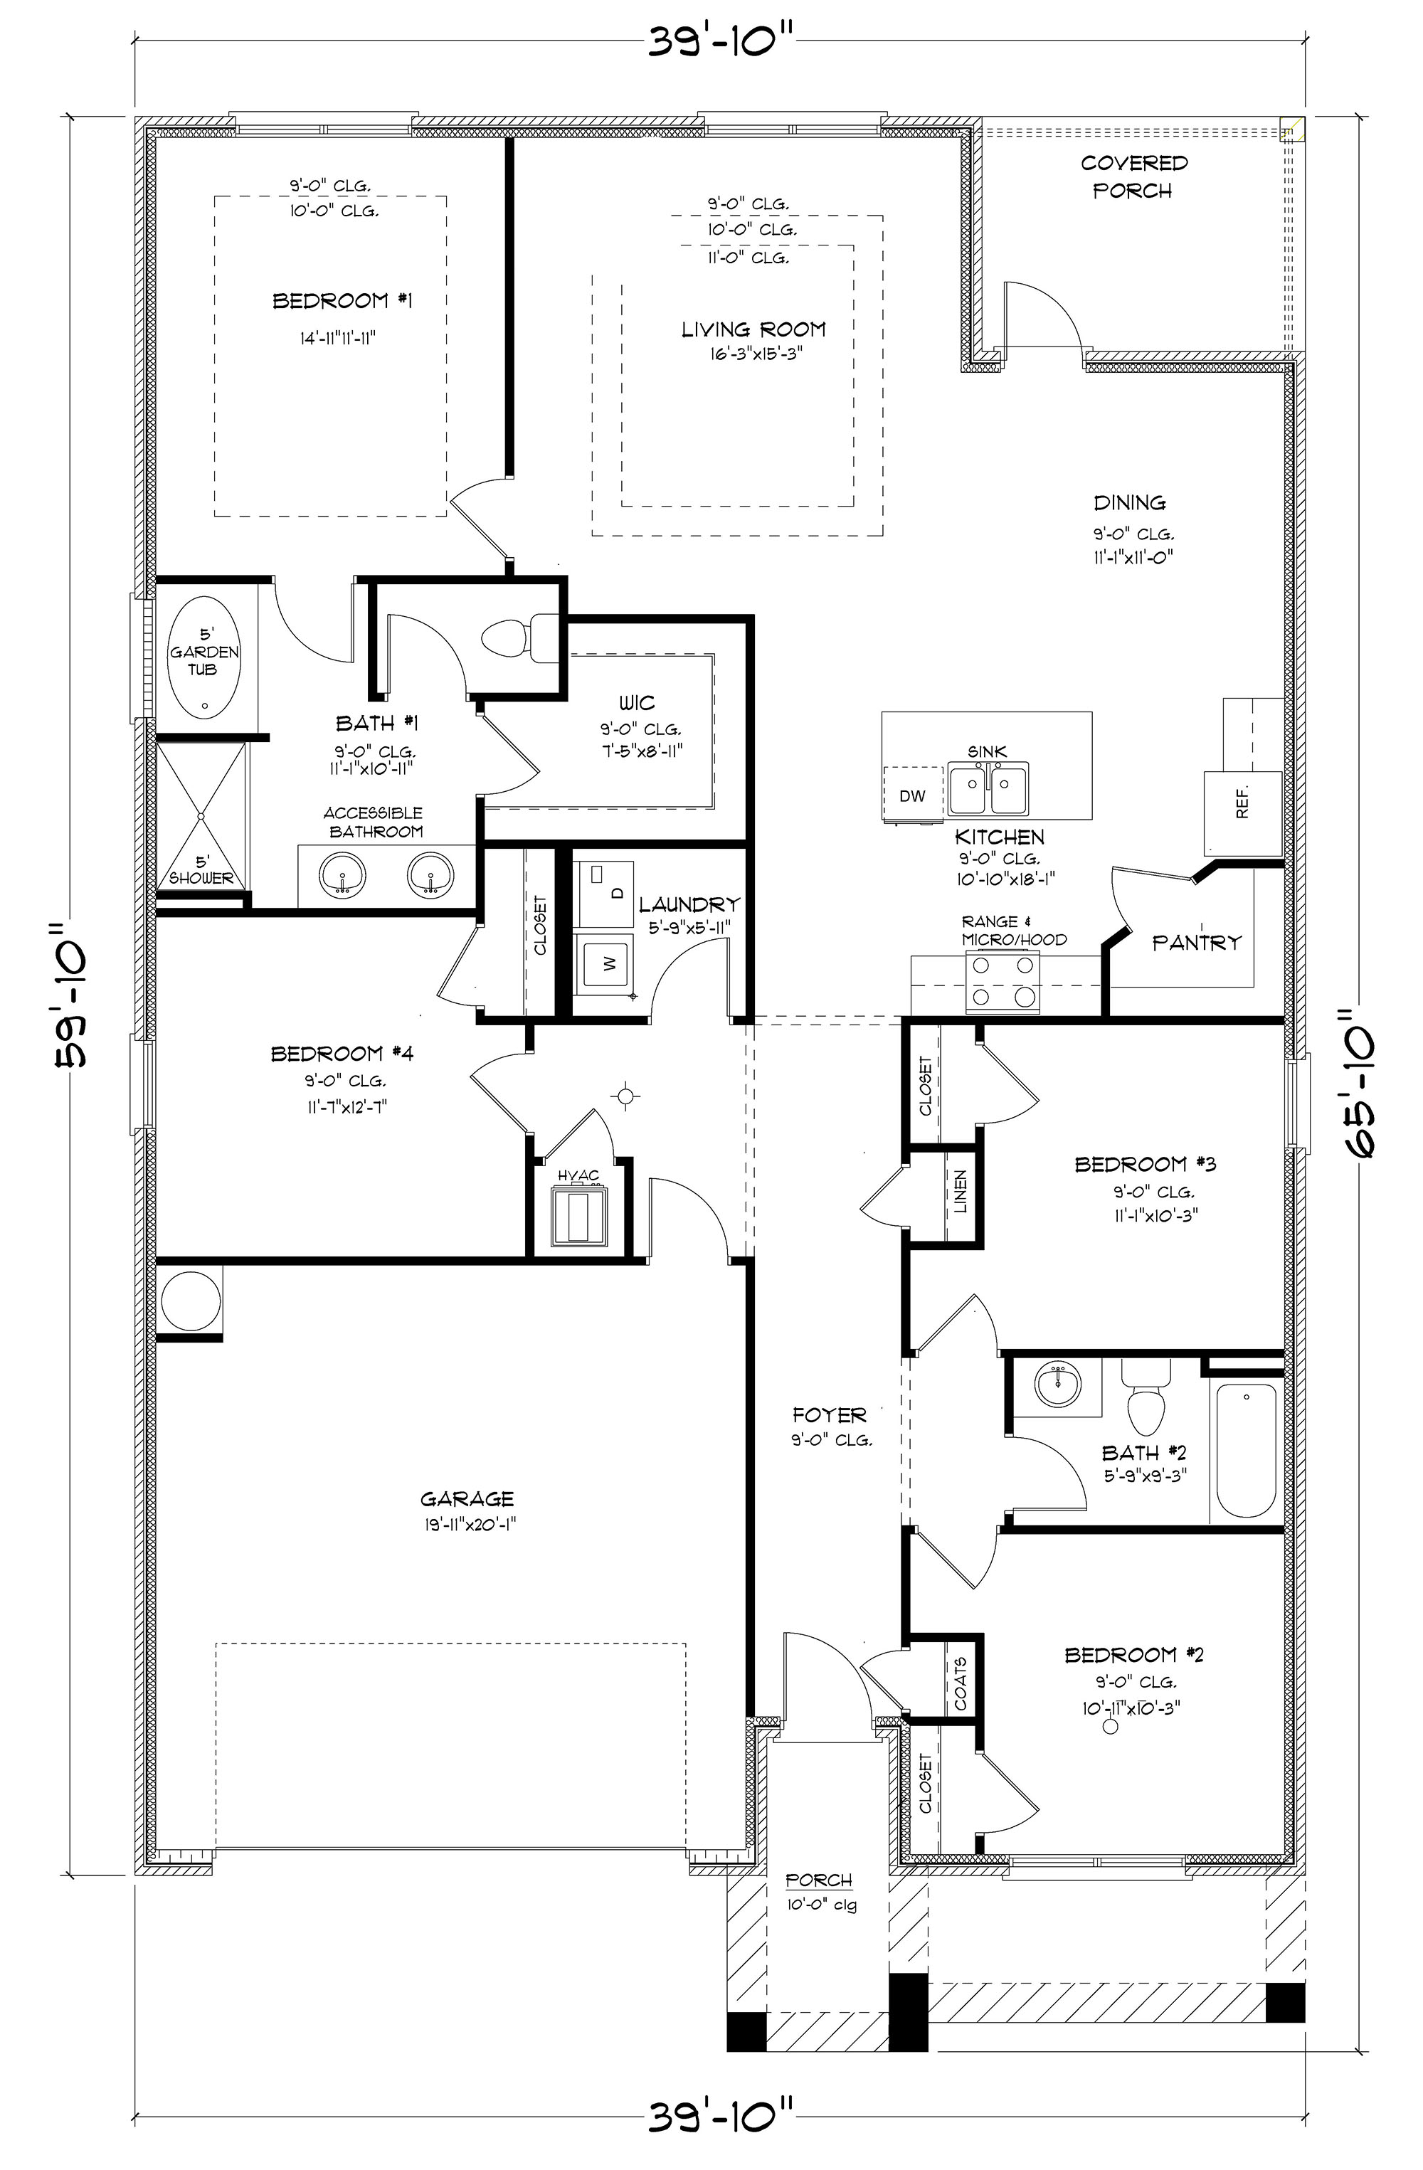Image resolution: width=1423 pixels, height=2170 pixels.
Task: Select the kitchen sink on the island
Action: click(988, 789)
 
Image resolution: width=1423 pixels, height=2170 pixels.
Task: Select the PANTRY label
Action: click(1197, 942)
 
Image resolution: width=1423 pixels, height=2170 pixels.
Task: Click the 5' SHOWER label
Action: click(201, 870)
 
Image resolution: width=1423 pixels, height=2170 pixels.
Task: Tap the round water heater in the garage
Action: click(191, 1301)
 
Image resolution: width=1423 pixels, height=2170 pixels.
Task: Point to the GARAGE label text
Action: click(467, 1499)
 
